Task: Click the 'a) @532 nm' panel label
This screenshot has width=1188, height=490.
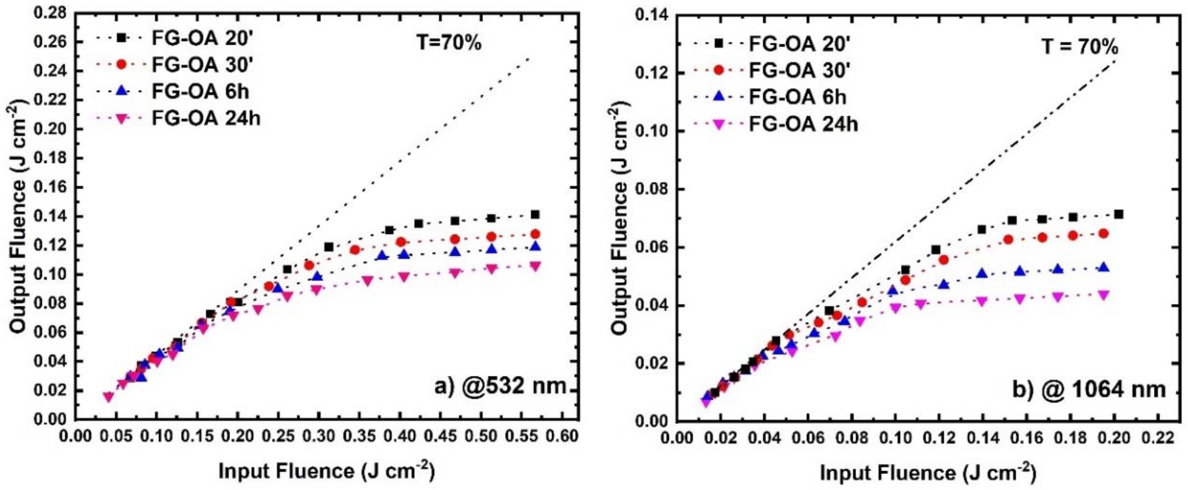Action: (500, 385)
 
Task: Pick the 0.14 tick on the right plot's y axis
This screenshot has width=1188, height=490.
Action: (650, 16)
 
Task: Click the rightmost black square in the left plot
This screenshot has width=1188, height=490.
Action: (535, 215)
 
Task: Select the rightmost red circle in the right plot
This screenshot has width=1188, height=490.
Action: (1103, 234)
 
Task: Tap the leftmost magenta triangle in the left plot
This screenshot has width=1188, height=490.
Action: (108, 397)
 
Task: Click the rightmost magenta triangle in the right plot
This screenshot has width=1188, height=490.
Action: (1103, 295)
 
